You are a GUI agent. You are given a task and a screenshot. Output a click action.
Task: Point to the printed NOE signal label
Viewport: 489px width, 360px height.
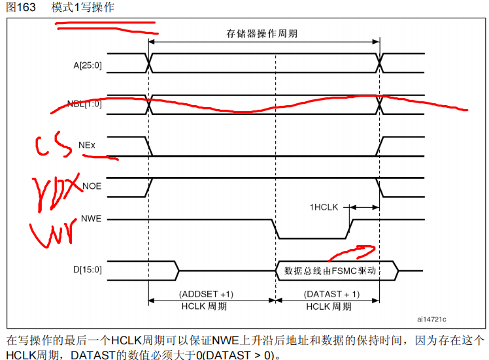coord(92,186)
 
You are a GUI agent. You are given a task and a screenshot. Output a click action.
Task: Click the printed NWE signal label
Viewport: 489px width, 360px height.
coord(92,219)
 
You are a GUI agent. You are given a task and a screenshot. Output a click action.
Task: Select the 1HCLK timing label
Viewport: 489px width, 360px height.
coord(324,207)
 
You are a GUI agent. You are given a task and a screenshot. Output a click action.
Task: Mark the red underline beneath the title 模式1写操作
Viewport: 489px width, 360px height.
coord(105,28)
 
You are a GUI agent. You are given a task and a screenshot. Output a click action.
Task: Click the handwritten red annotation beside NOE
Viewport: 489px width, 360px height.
coord(56,190)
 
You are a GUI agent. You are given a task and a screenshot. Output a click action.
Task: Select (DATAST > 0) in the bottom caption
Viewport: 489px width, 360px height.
coord(246,355)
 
